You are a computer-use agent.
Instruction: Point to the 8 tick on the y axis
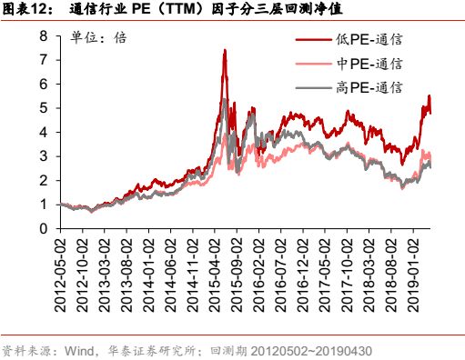coord(43,36)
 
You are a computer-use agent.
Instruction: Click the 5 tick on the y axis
coord(43,108)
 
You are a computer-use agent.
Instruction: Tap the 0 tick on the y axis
coord(43,228)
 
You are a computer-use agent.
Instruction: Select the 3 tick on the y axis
coord(43,156)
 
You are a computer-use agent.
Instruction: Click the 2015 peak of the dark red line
coord(224,50)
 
